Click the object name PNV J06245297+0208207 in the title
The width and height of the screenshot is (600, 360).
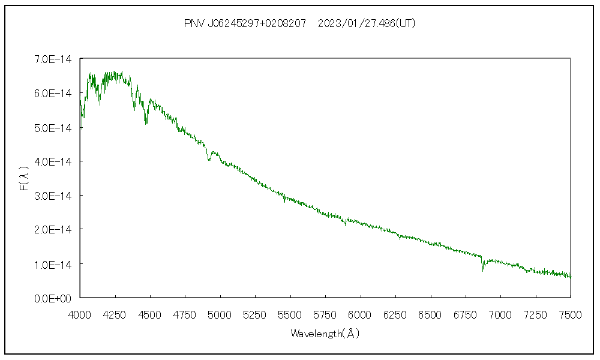(245, 24)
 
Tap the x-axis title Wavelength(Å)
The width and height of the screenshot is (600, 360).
(325, 333)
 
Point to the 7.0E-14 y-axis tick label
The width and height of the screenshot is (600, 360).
(53, 59)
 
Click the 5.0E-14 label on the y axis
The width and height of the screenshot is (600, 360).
(53, 128)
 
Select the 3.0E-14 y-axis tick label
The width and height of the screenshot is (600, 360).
(53, 196)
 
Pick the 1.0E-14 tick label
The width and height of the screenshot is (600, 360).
(53, 264)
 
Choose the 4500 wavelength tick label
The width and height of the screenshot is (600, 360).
(150, 314)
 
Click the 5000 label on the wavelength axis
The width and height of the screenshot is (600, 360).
(220, 314)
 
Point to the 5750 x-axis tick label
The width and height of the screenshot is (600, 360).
(325, 314)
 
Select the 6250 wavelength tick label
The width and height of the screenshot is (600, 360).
(395, 314)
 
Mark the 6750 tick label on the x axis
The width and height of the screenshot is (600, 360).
(466, 314)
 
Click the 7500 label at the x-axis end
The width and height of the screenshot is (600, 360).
(570, 314)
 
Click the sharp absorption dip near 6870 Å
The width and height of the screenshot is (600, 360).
(482, 269)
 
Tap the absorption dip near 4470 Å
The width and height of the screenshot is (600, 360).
(146, 122)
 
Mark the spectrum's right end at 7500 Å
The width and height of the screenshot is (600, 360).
(571, 277)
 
